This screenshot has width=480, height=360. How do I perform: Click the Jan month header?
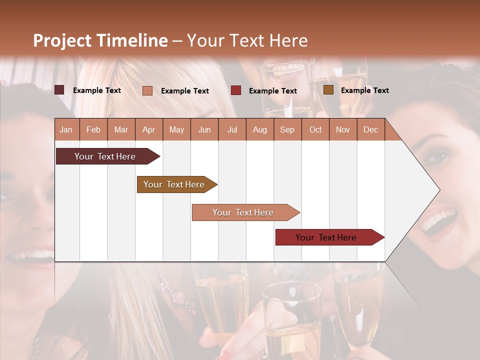tap(66, 129)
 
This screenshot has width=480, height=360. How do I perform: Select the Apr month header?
tap(148, 129)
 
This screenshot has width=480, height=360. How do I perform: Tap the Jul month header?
tap(232, 129)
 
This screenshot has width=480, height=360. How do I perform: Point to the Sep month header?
tap(287, 129)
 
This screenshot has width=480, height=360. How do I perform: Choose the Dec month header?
tap(370, 129)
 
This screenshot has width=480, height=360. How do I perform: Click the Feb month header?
tap(93, 129)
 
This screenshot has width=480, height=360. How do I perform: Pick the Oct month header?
tap(315, 129)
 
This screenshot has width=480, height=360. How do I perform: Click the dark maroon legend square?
tap(59, 90)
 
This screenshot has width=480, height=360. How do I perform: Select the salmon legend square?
tap(147, 90)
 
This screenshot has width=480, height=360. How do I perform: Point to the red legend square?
tap(236, 90)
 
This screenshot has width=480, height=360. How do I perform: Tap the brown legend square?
tap(328, 90)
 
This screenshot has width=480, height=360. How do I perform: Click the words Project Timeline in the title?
tap(100, 40)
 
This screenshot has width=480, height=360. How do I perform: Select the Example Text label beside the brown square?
tap(364, 90)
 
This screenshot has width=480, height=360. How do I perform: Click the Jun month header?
tap(204, 129)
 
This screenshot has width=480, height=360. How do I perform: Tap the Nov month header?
tap(343, 129)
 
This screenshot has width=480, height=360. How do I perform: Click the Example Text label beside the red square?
tap(272, 91)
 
